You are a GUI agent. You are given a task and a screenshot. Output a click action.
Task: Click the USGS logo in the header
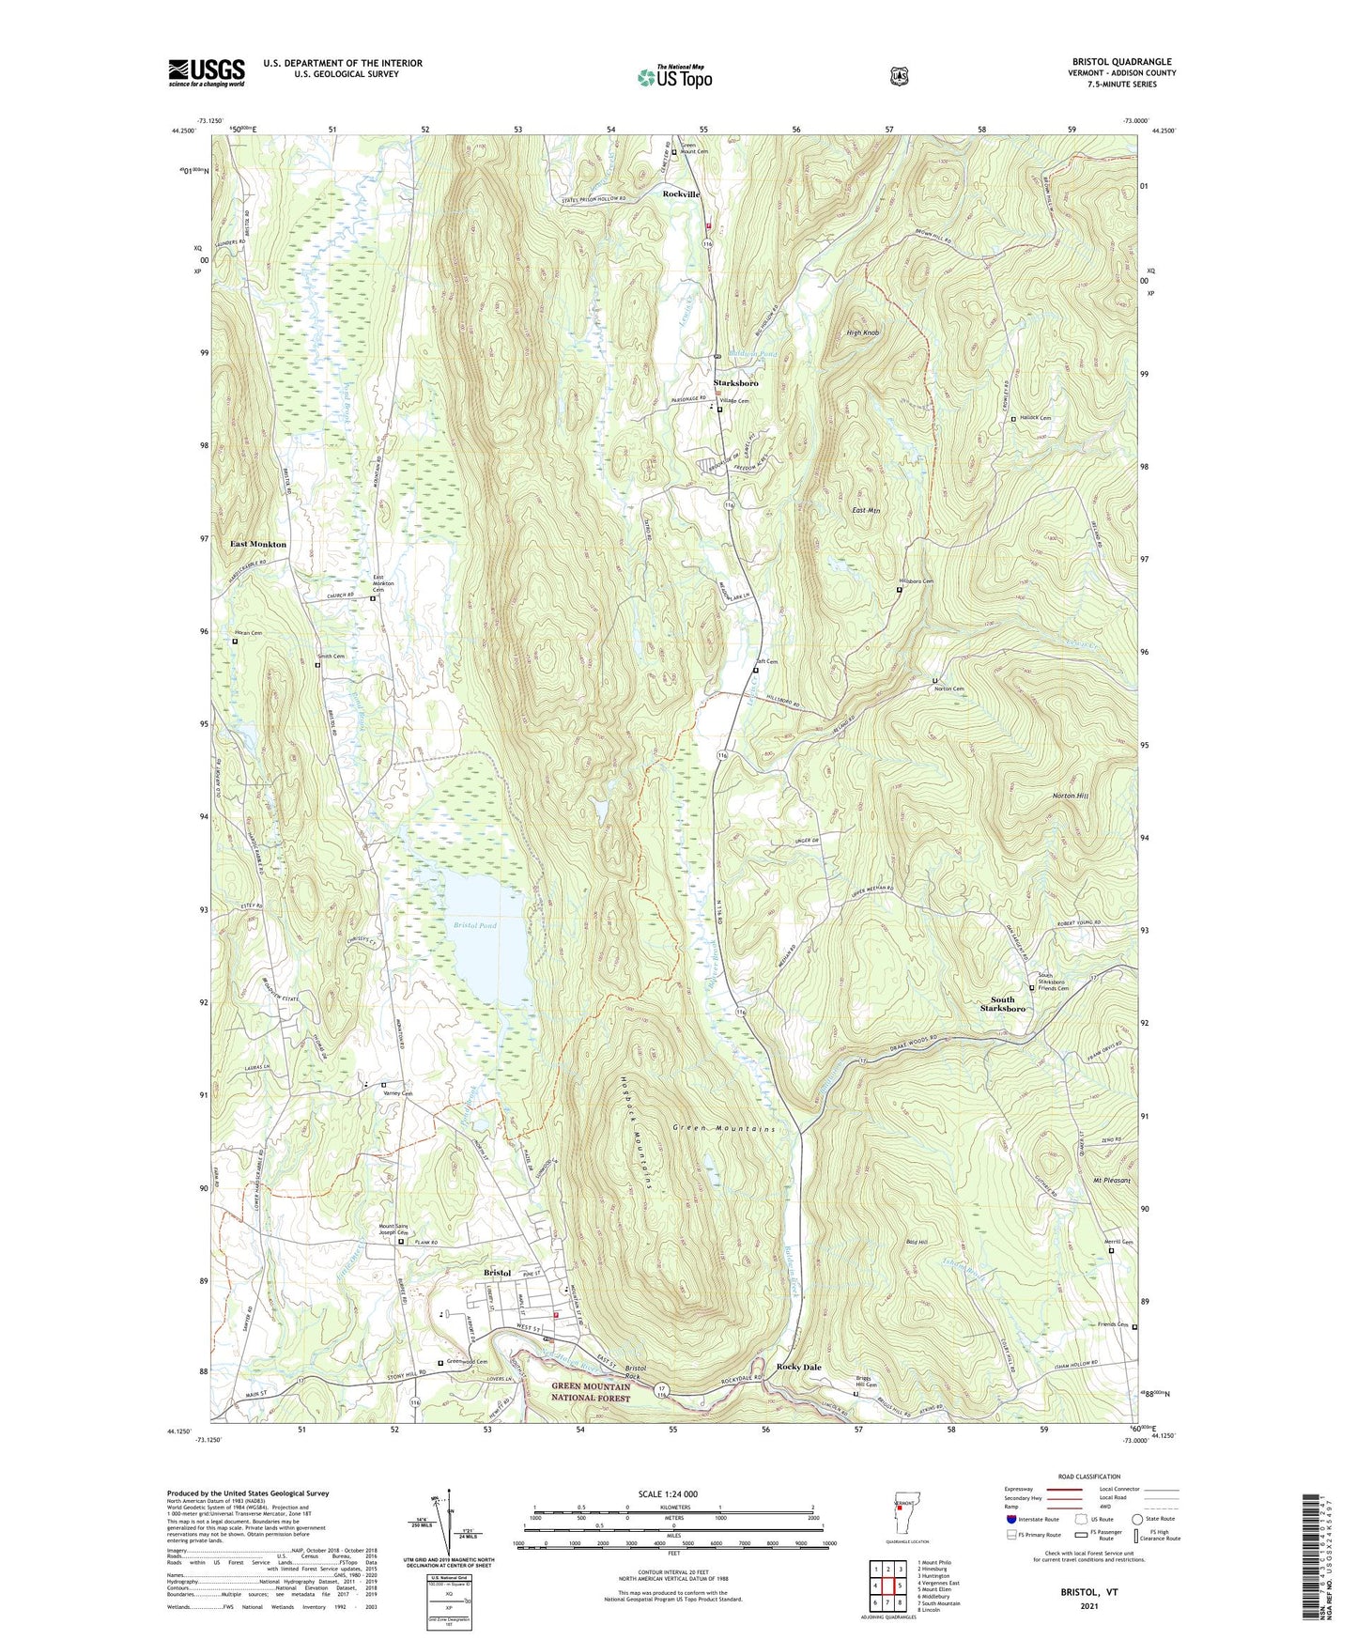point(207,72)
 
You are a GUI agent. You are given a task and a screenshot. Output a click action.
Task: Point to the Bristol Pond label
point(474,925)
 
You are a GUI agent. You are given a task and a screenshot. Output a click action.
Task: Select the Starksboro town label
point(735,383)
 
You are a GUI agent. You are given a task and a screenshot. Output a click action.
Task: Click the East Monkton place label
point(258,544)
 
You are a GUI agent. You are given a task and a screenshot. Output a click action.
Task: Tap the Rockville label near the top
point(681,193)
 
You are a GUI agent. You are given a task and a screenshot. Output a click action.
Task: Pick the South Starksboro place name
point(1002,1004)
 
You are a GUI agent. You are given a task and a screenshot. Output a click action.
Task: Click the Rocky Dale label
point(798,1367)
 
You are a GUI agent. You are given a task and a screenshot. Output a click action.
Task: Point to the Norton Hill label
point(1070,796)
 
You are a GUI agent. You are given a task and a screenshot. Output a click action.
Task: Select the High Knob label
point(862,333)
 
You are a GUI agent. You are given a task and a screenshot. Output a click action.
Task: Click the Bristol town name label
point(497,1273)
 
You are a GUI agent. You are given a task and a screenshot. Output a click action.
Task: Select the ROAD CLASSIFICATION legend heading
point(1088,1477)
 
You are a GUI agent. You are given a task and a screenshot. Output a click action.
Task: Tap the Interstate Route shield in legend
point(1011,1519)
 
